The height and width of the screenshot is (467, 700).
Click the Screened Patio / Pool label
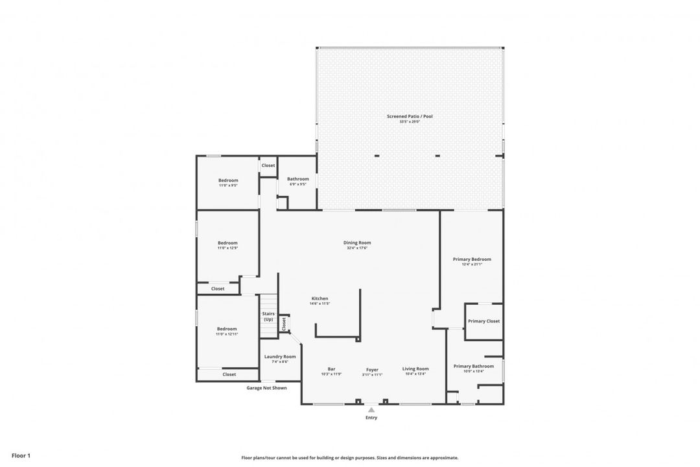point(410,117)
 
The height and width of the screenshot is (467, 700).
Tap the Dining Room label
point(357,243)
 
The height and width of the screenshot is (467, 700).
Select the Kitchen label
point(320,299)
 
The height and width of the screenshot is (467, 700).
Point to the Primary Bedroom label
point(472,259)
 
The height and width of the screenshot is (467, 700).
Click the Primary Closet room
point(484,321)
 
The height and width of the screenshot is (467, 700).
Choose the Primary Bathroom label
point(473,366)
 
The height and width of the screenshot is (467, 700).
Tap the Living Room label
point(415,369)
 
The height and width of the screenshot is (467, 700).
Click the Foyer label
point(372,370)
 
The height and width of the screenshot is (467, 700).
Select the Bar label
point(331,369)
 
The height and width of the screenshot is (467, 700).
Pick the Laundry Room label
point(280,357)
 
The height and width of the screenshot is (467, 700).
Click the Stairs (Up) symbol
point(268,316)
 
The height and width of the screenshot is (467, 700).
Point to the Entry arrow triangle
point(371,410)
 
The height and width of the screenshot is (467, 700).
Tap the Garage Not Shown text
point(266,388)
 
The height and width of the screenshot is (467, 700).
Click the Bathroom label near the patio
point(298,179)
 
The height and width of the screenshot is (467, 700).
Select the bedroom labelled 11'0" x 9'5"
point(228,181)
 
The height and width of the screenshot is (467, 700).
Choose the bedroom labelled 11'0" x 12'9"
point(227,243)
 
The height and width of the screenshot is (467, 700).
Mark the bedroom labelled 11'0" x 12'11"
point(227,329)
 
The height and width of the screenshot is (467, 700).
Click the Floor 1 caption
point(21,456)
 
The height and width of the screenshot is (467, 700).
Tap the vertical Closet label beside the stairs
point(283,324)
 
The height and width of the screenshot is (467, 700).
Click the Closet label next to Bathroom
point(268,165)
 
